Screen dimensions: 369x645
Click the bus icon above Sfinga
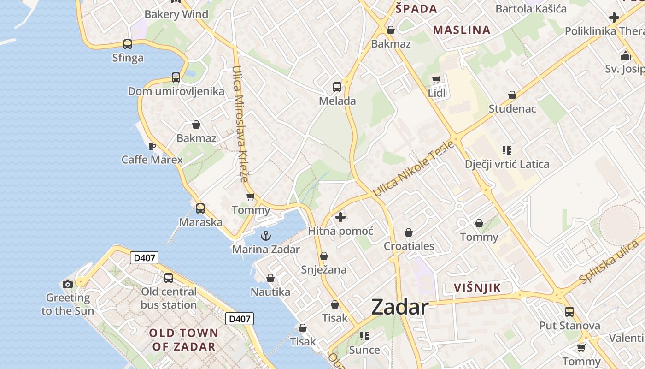[x=128, y=44]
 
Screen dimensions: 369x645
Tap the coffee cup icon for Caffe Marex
[x=152, y=147]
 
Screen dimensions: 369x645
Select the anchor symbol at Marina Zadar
[x=266, y=236]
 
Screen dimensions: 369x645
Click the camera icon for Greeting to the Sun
[x=68, y=284]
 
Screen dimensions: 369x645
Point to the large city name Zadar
[x=400, y=307]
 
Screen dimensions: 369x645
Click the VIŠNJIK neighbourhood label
[x=477, y=288]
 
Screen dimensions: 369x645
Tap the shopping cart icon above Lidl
[x=436, y=80]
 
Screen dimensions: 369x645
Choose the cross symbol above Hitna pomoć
[x=340, y=217]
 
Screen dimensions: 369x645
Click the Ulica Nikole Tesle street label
[x=413, y=169]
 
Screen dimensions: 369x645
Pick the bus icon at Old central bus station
[x=169, y=278]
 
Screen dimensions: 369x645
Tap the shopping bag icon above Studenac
[x=512, y=95]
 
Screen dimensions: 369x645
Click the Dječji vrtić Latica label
[x=507, y=164]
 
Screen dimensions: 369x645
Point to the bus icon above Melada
[x=337, y=87]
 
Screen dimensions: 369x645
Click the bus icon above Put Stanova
[x=569, y=312]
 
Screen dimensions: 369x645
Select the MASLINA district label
[x=462, y=30]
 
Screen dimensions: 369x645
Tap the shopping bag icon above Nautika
[x=270, y=278]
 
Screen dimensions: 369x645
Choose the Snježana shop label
[x=323, y=270]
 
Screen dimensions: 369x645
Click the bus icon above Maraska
[x=200, y=208]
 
